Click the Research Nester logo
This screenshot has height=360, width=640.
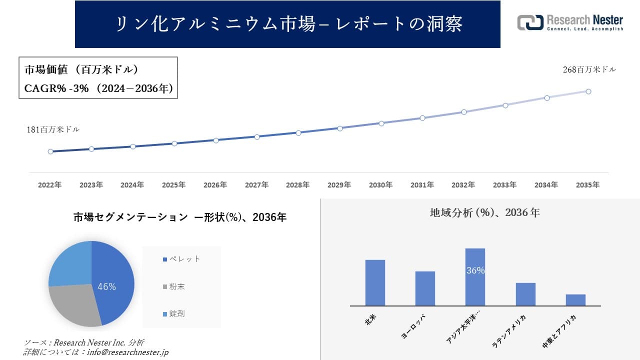[570, 23]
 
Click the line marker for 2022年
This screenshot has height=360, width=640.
[50, 151]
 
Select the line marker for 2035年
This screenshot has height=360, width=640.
[588, 91]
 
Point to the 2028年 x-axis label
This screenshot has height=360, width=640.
[298, 185]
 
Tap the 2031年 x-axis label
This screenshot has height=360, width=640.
[422, 185]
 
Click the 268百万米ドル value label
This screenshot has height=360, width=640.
[589, 70]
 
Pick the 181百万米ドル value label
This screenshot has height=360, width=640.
[53, 129]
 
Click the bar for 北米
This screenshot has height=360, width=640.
[375, 282]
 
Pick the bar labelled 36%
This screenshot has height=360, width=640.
[475, 276]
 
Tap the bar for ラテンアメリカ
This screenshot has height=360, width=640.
[525, 294]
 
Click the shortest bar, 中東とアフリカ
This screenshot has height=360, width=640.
[575, 300]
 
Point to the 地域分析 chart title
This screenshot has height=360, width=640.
[484, 212]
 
